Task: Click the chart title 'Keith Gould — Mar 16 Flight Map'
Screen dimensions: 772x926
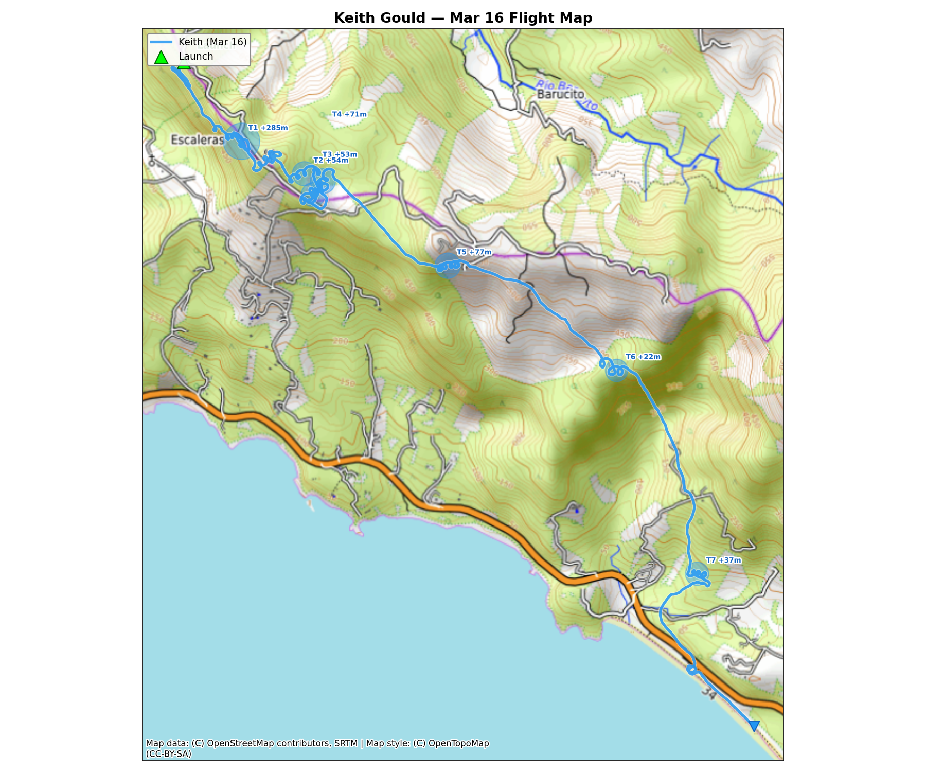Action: click(463, 18)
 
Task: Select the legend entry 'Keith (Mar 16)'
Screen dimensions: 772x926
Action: click(212, 42)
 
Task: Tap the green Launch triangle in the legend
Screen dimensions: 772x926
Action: click(161, 57)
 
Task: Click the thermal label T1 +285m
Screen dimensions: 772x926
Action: click(268, 128)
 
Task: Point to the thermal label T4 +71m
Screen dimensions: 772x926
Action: click(349, 114)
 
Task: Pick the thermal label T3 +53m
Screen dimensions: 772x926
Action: click(340, 154)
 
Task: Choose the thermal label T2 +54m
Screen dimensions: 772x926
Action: click(331, 161)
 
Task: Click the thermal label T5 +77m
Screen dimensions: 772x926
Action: click(474, 252)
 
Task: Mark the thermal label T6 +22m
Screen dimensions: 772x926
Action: click(643, 357)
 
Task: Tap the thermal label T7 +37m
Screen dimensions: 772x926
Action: click(723, 560)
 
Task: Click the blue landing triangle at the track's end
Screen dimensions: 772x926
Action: click(754, 726)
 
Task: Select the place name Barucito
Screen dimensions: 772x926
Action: click(560, 95)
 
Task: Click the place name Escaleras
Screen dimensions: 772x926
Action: click(198, 140)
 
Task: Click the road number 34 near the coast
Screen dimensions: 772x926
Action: click(708, 694)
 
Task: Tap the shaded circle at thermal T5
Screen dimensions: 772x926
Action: click(448, 266)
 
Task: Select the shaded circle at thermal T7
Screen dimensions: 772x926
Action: click(697, 573)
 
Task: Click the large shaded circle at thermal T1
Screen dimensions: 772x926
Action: click(241, 141)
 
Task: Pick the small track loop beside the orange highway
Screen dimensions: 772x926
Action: click(692, 670)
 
